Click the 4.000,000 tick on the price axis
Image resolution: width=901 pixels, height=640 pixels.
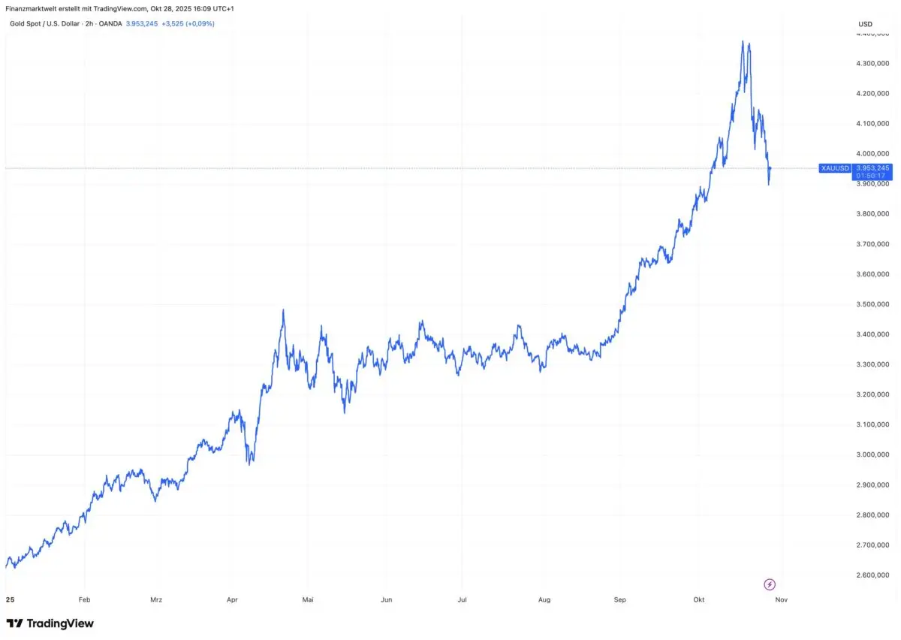872,153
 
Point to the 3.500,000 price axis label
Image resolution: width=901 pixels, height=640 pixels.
872,304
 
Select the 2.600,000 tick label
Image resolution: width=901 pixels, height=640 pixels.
872,575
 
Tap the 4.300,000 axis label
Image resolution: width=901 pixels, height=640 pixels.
872,63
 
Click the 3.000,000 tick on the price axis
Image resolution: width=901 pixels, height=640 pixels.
872,454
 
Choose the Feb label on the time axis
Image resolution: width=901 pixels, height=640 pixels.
84,600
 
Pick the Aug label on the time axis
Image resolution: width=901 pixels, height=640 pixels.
544,600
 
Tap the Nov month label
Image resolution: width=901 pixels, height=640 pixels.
781,600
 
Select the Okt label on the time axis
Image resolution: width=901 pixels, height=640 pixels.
699,600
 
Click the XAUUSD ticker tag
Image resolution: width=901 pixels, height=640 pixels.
834,168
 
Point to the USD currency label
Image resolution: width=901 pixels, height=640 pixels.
865,24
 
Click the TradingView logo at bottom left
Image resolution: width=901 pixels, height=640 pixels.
50,623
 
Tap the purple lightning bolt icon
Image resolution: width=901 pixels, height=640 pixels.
769,584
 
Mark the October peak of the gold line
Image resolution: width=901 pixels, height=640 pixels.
743,41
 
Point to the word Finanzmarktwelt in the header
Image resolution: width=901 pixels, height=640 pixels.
32,8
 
